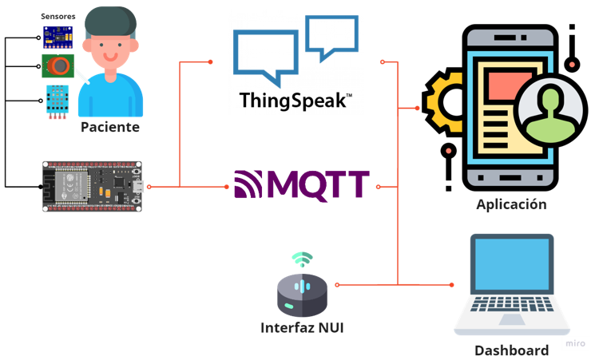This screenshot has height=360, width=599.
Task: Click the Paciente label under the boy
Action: (x=109, y=127)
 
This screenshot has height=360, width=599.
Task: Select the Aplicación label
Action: (x=511, y=204)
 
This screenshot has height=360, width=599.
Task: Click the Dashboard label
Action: (x=511, y=350)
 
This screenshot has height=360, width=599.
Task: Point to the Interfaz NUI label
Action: (x=301, y=327)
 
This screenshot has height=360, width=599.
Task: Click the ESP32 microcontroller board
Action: (x=92, y=186)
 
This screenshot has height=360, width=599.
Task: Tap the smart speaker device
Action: (x=302, y=295)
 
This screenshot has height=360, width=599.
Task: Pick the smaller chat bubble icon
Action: (x=331, y=36)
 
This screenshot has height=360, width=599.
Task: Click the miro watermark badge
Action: (x=575, y=343)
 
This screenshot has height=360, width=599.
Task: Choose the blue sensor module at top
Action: (x=58, y=37)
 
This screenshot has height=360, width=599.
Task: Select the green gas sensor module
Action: (x=58, y=65)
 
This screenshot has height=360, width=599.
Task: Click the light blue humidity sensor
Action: (x=58, y=101)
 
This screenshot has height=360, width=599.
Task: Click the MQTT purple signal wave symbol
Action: (x=248, y=185)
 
